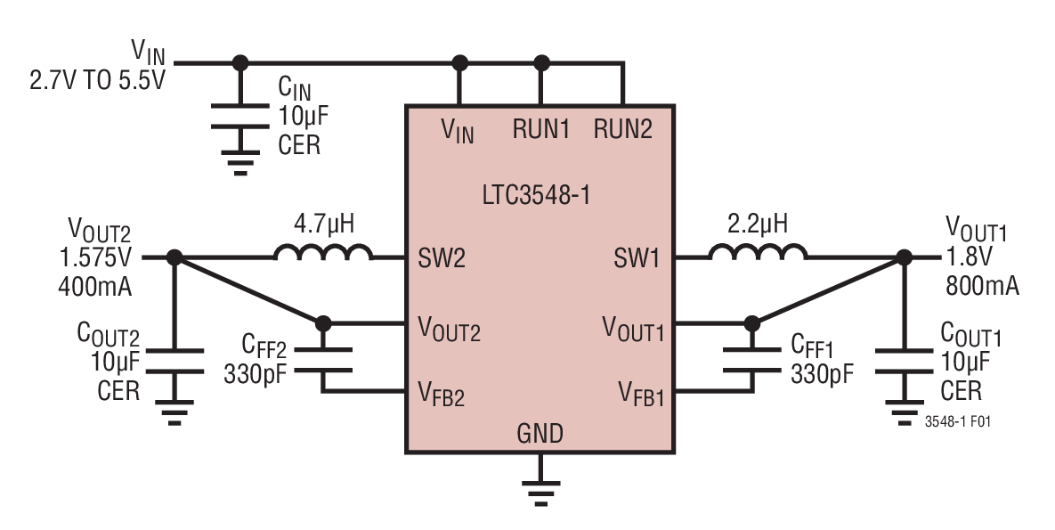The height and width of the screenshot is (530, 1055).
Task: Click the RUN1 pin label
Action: click(x=540, y=129)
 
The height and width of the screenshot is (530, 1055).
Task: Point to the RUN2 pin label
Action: click(x=623, y=129)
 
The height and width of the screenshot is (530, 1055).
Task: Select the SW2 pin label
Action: click(x=442, y=259)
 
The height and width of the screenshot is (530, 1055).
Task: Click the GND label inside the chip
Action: click(x=540, y=434)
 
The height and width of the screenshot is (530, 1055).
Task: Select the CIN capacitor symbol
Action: click(x=239, y=117)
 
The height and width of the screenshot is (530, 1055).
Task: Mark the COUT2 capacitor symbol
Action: click(x=174, y=360)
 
